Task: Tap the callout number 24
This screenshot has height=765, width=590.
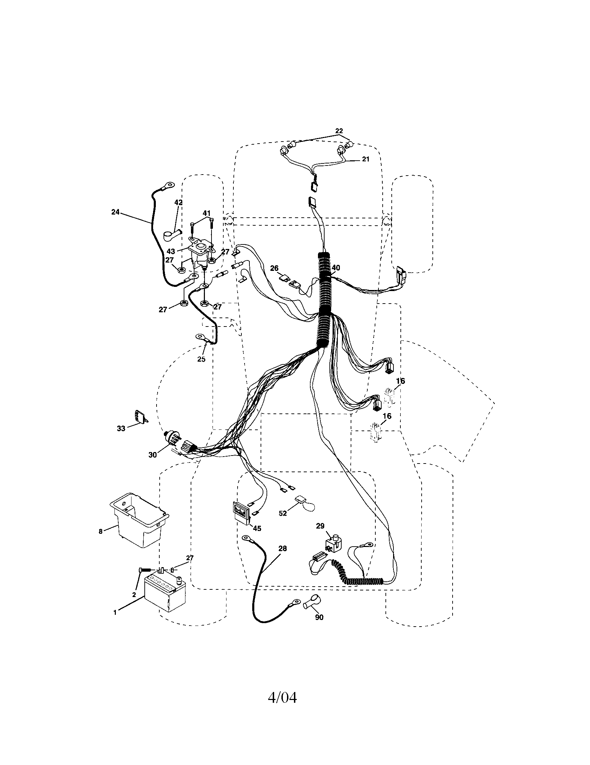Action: coord(115,212)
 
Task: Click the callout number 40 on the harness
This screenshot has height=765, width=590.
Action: coord(336,268)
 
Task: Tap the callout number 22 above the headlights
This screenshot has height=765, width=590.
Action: coord(339,131)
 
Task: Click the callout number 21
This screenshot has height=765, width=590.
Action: coord(365,159)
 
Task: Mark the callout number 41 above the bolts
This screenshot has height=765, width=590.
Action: coord(207,213)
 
